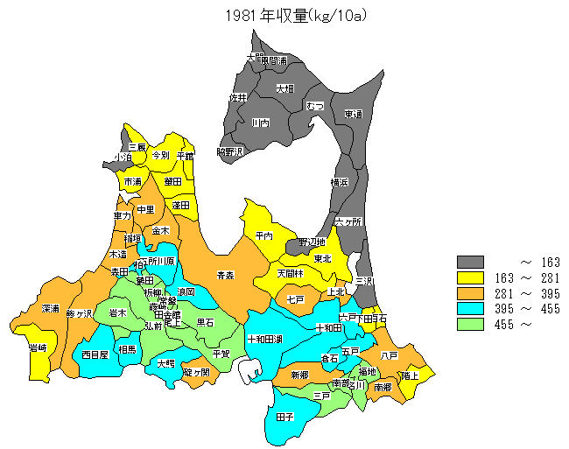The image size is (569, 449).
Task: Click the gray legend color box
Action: pos(471,262)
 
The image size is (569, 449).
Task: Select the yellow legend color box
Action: pos(471,277)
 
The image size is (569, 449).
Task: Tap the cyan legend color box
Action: pos(471,309)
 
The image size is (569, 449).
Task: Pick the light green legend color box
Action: pos(471,325)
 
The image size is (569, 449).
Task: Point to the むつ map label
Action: pos(315,106)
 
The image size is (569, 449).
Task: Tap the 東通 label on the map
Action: pos(353,114)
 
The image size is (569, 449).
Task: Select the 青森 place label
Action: pos(226,275)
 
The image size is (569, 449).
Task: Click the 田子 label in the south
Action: pos(284,417)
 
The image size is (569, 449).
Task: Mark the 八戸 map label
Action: pos(390,355)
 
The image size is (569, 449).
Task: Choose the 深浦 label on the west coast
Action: pos(50,309)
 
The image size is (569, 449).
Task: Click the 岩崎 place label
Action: pos(38,348)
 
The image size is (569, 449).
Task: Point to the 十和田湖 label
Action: pos(264,339)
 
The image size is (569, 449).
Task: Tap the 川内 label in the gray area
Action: pos(260,123)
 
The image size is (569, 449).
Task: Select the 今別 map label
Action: pos(160,155)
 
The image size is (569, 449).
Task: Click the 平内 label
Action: pos(264,235)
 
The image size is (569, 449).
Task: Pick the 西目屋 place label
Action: pos(94,355)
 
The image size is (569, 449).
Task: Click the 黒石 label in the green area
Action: pos(205,323)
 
